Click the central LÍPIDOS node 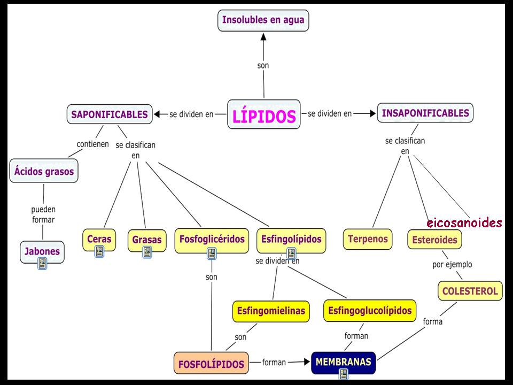[x=263, y=115]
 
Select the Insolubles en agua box [x=263, y=21]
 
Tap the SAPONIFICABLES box [x=110, y=114]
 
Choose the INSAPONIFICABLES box [x=425, y=113]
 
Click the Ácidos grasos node [x=44, y=172]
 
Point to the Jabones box [x=42, y=251]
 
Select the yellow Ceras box [x=99, y=239]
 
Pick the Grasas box [x=146, y=240]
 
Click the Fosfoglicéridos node [x=212, y=238]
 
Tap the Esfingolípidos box [x=291, y=238]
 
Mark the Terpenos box [x=368, y=238]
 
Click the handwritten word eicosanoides [x=464, y=223]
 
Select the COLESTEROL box [x=470, y=291]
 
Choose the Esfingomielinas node [x=271, y=310]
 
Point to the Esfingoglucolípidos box [x=370, y=310]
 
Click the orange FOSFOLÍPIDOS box [x=211, y=364]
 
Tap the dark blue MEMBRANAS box [x=343, y=362]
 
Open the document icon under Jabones [x=42, y=263]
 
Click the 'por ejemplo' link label [x=452, y=264]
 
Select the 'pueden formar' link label [x=43, y=214]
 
